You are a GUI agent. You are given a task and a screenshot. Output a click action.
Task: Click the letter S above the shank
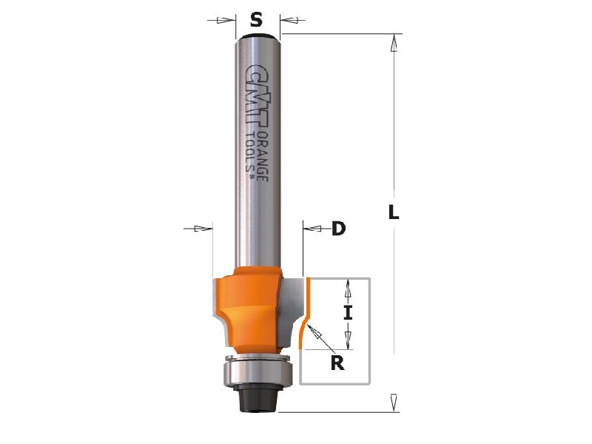click(256, 21)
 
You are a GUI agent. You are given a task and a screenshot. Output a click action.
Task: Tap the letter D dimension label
click(338, 229)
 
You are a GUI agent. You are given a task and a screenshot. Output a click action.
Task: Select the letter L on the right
click(394, 213)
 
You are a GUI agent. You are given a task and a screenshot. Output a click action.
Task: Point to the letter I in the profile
click(348, 313)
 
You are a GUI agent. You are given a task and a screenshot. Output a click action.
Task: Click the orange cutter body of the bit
click(248, 307)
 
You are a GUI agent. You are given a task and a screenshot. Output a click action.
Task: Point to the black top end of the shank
click(256, 35)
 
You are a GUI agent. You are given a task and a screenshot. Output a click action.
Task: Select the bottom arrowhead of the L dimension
click(394, 401)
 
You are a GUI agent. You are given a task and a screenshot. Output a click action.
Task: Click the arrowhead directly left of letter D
click(314, 229)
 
